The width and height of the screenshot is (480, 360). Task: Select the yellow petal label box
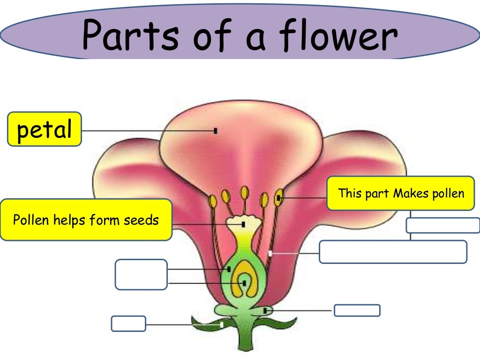[x=45, y=129]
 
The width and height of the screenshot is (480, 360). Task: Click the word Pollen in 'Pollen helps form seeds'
[x=31, y=220]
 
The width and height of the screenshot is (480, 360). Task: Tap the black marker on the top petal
[x=216, y=131]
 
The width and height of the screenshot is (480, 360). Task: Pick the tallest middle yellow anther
[x=244, y=192]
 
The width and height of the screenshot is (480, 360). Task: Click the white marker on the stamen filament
[x=270, y=254]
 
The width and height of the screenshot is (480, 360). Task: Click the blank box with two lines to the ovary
[x=141, y=274]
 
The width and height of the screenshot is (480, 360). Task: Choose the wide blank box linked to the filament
[x=393, y=252]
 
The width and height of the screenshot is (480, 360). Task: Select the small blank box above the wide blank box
[x=442, y=225]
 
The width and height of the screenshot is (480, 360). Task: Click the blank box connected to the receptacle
[x=357, y=310]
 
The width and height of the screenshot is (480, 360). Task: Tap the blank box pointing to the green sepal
[x=128, y=323]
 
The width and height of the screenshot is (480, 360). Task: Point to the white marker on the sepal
[x=221, y=324]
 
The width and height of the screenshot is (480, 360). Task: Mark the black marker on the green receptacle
[x=265, y=310]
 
